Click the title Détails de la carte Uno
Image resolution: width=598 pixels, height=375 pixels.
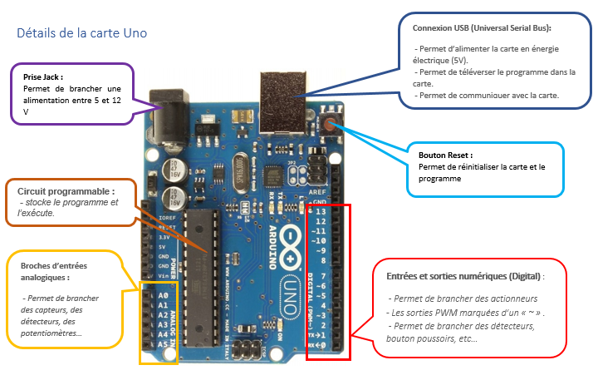click(x=82, y=34)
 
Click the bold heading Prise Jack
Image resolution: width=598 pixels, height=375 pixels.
click(x=44, y=76)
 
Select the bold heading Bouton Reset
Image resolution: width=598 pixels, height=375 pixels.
click(x=446, y=155)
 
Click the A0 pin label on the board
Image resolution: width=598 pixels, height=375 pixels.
click(x=163, y=295)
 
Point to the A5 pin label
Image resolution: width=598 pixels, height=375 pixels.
click(x=163, y=343)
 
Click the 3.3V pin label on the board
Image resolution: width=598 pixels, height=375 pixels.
click(x=164, y=237)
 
